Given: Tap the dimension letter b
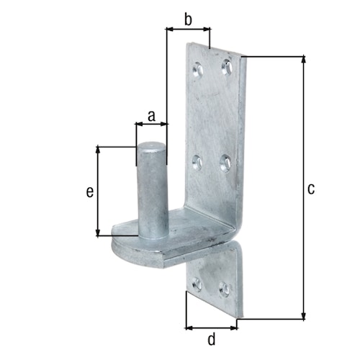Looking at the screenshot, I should tap(188, 19).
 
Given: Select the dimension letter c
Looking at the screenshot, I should tap(311, 189).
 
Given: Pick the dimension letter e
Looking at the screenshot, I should tap(89, 192).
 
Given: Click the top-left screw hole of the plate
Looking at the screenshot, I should tap(198, 70).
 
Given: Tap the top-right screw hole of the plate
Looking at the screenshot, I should tap(228, 68).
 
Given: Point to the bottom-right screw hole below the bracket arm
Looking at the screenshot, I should tap(225, 290).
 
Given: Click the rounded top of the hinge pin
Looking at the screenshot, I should tap(152, 148).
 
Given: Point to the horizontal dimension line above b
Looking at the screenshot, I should tap(188, 30).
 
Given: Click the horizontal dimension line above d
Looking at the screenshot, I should tap(212, 328).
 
